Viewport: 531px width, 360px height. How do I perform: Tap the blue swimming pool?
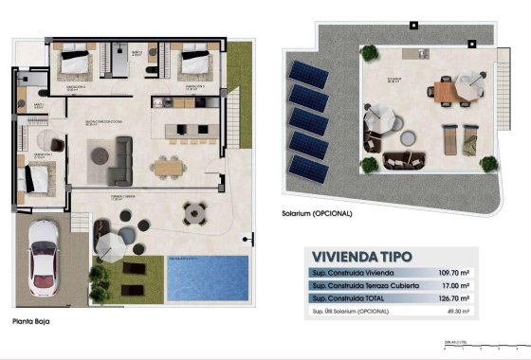204,279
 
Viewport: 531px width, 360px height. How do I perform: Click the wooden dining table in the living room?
169,167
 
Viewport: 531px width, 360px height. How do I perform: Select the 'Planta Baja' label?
31,322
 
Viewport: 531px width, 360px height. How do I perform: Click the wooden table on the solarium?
444,91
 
